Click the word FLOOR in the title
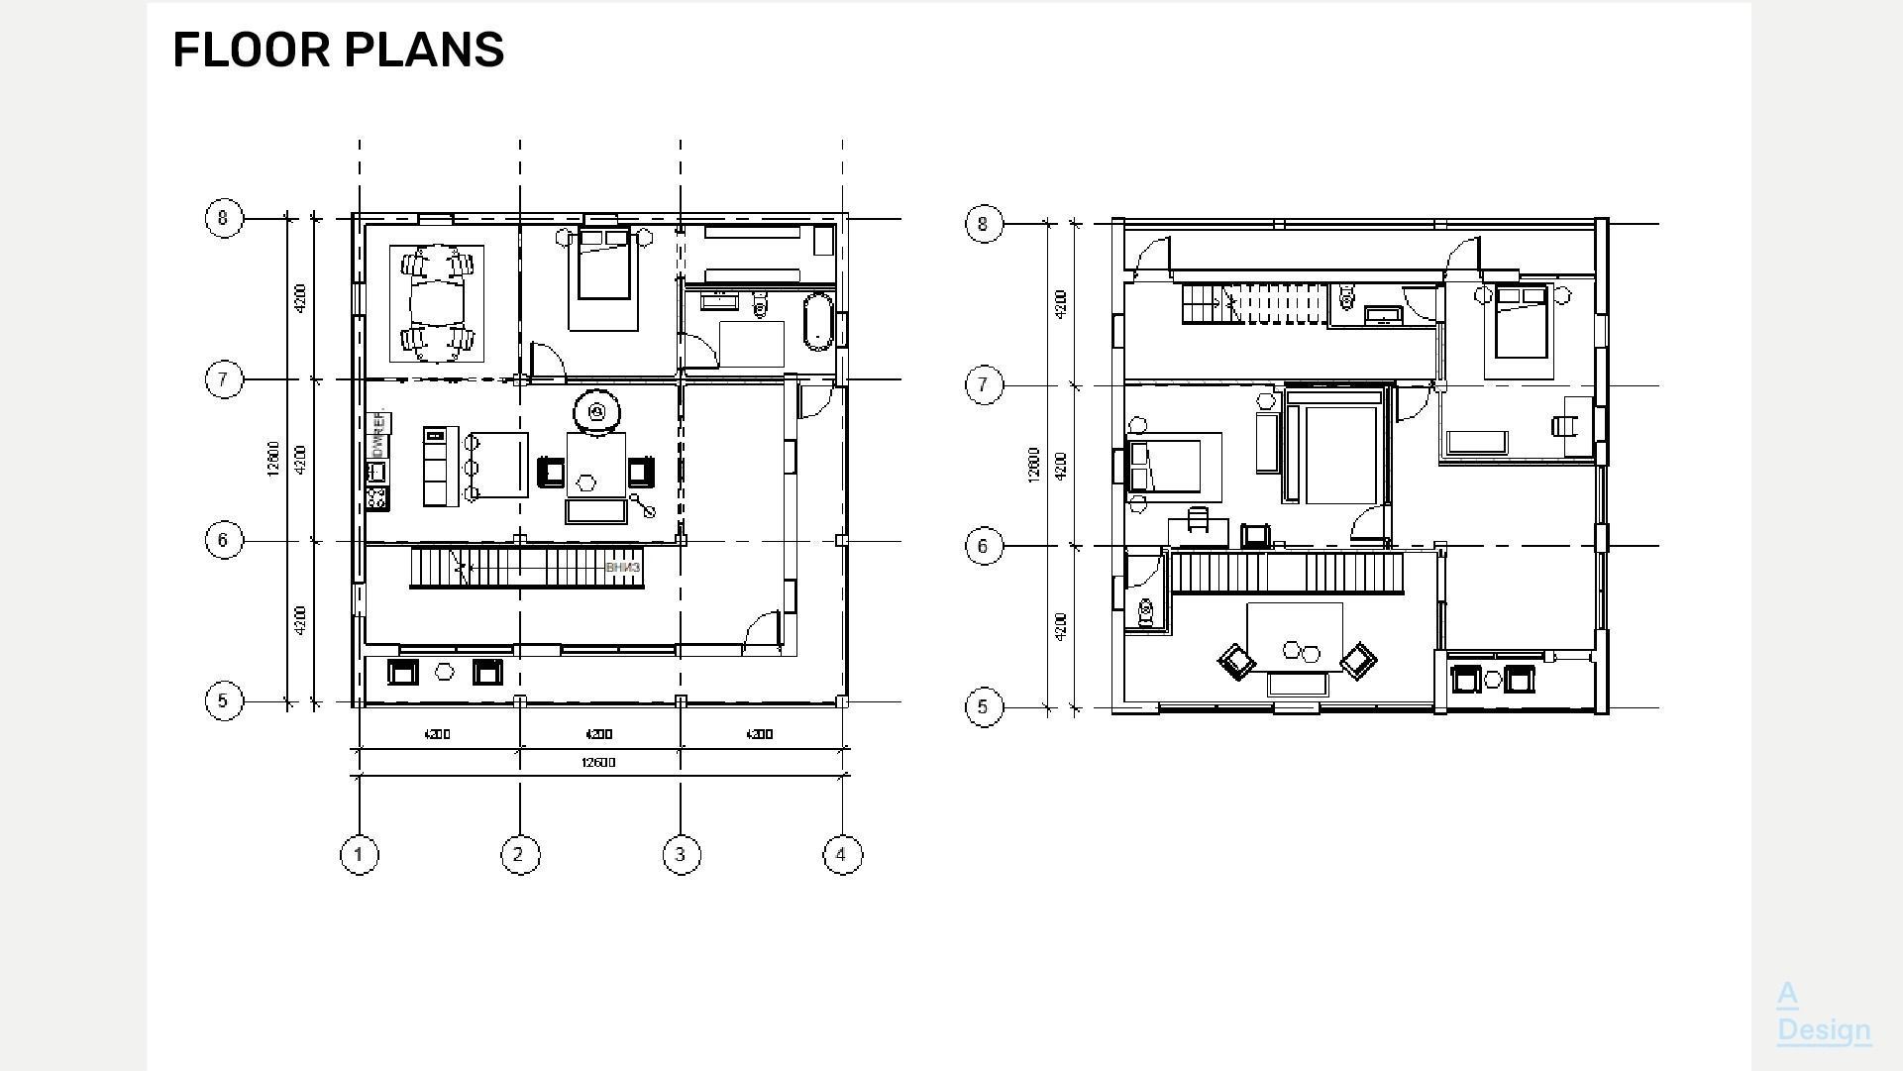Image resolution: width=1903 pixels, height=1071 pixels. [252, 51]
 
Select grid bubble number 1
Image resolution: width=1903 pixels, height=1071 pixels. [359, 855]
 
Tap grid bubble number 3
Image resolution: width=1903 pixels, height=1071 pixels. [681, 855]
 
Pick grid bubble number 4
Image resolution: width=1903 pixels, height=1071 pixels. [842, 855]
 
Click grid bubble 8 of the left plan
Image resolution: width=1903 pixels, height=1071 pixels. [224, 218]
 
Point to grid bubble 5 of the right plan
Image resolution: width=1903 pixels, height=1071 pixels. [983, 707]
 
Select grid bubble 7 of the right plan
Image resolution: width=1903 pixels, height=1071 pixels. [983, 385]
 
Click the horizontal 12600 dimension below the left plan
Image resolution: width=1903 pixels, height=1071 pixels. [598, 762]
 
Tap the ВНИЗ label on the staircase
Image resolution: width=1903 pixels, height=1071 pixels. [622, 568]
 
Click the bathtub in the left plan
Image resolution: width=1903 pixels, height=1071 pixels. [817, 321]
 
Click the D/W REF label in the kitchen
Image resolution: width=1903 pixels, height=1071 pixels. [377, 434]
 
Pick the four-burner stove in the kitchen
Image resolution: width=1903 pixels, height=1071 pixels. [376, 497]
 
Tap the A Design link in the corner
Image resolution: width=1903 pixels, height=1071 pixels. [1823, 1013]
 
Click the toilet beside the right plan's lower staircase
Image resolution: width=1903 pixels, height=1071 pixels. [1146, 613]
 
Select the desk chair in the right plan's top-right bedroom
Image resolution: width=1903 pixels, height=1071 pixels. [1563, 425]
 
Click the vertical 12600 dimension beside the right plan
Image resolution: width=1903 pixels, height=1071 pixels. [1033, 465]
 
